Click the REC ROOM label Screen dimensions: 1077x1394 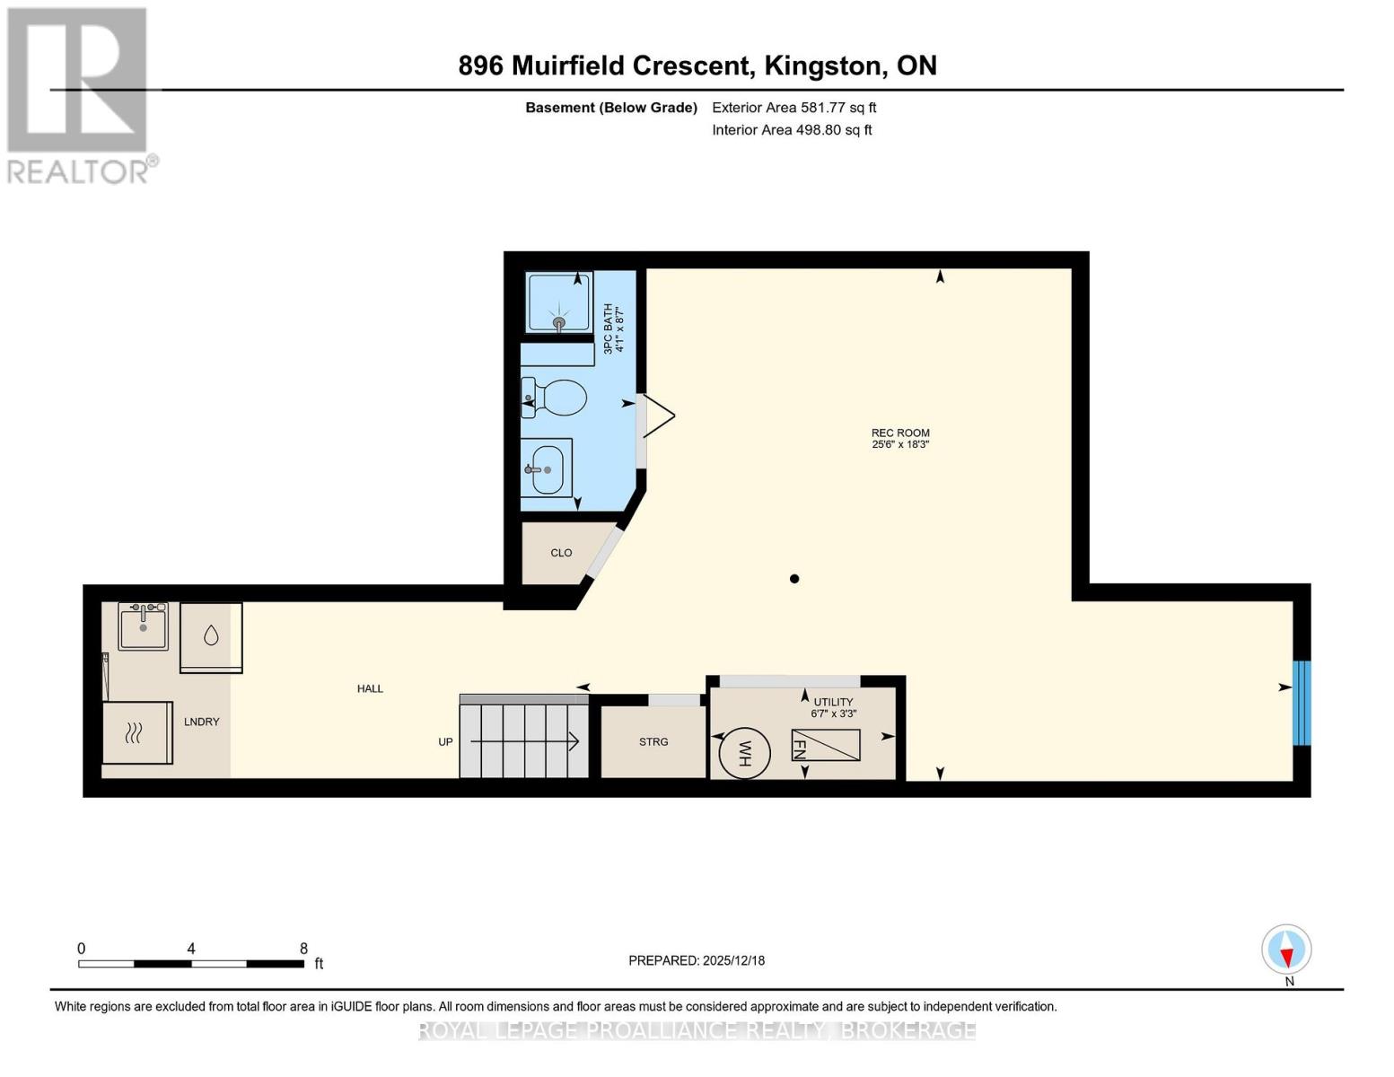900,433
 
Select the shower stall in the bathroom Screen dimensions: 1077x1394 559,302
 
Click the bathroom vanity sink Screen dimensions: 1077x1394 547,468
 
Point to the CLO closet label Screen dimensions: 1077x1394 561,553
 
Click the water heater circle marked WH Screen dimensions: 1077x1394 744,752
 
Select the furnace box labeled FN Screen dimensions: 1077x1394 825,745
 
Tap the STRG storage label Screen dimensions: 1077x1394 653,742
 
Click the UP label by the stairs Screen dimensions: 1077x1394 445,742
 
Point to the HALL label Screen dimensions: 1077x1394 370,689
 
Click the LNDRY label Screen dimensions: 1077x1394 202,722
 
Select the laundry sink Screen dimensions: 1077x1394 144,626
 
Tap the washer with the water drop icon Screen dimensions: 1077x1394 211,636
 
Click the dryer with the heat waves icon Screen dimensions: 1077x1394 136,732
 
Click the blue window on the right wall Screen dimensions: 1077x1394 1301,703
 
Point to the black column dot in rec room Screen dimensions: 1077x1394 794,579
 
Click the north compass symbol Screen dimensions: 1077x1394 1286,950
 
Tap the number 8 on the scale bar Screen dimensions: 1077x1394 303,949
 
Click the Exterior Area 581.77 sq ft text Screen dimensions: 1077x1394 793,108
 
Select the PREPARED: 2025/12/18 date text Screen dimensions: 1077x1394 697,960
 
